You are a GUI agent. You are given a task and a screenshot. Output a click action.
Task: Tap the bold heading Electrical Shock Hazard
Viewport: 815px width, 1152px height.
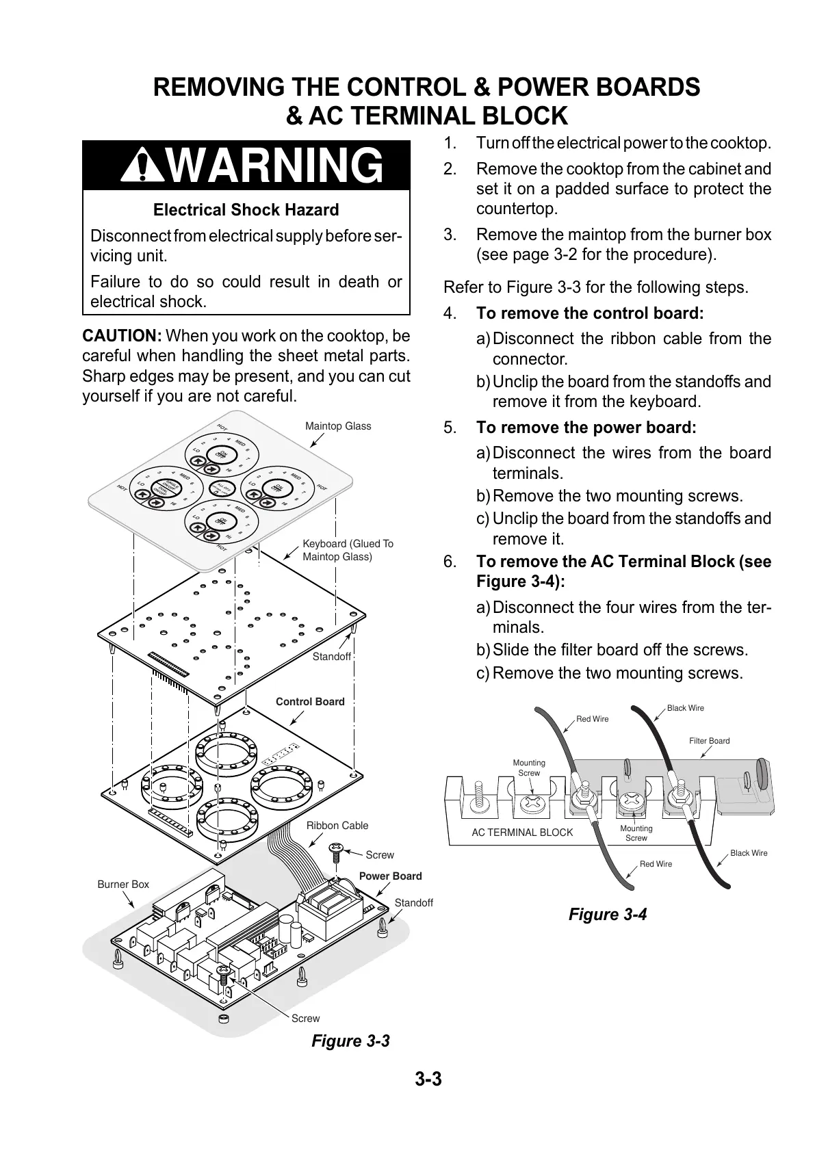tap(246, 210)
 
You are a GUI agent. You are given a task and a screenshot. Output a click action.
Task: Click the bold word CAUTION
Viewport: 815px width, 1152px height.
tap(121, 336)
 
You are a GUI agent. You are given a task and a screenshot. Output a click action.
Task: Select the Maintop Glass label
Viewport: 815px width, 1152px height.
tap(338, 426)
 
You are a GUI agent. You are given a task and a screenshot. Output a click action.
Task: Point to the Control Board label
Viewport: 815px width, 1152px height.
tap(310, 702)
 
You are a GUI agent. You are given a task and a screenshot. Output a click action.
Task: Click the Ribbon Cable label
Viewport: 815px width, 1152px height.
tap(337, 826)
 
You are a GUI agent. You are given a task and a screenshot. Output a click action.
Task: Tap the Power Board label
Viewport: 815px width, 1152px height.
tap(390, 876)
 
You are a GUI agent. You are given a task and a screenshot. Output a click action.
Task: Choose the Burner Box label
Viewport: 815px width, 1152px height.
tap(123, 885)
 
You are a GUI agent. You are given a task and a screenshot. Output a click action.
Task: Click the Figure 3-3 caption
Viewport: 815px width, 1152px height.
tap(350, 1041)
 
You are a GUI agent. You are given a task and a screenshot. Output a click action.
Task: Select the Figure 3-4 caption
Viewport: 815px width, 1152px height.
tap(608, 915)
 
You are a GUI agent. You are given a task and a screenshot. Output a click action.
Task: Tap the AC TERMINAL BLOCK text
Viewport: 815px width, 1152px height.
tap(522, 833)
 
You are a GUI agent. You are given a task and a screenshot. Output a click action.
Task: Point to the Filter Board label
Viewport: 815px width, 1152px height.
tap(709, 741)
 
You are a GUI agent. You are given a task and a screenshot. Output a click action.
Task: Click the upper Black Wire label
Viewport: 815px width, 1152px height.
tap(685, 708)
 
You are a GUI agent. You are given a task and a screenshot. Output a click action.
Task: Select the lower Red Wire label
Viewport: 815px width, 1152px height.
tap(656, 865)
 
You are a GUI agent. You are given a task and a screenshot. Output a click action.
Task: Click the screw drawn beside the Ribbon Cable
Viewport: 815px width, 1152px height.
tap(335, 852)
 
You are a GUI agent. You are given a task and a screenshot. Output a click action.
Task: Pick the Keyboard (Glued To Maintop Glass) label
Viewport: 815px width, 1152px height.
tap(348, 550)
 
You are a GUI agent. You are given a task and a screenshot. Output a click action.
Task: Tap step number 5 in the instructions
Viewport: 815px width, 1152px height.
tap(450, 428)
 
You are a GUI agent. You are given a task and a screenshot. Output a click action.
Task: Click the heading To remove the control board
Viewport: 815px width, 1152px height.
tap(589, 313)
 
